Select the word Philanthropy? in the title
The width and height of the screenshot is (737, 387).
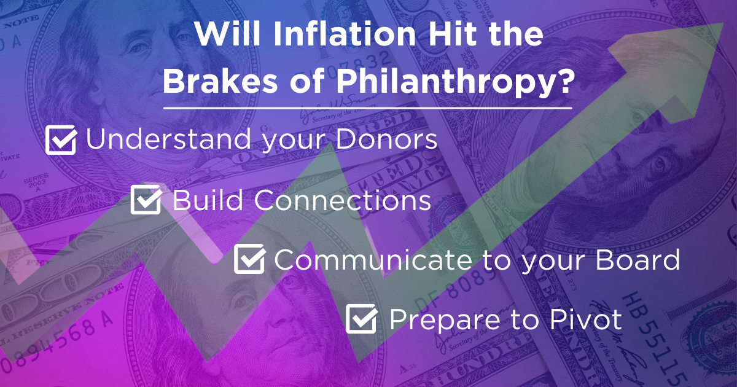pyautogui.click(x=454, y=84)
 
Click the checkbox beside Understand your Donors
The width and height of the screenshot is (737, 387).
pyautogui.click(x=61, y=139)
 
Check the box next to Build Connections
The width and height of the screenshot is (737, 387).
pyautogui.click(x=146, y=200)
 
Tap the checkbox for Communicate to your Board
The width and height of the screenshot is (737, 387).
pyautogui.click(x=250, y=259)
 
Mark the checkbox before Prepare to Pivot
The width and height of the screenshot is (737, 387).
pyautogui.click(x=362, y=318)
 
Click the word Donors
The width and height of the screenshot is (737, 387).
pyautogui.click(x=386, y=139)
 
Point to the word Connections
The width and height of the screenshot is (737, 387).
pyautogui.click(x=342, y=200)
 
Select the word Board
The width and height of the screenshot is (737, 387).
pyautogui.click(x=638, y=259)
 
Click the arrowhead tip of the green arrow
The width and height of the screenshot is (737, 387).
pyautogui.click(x=723, y=24)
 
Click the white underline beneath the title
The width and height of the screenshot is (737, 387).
pyautogui.click(x=367, y=107)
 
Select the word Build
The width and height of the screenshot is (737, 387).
pyautogui.click(x=208, y=200)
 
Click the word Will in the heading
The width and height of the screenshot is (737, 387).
pyautogui.click(x=228, y=34)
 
